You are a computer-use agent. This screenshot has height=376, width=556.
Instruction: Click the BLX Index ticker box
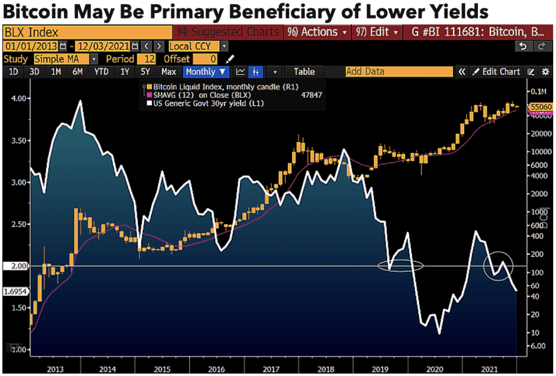87,33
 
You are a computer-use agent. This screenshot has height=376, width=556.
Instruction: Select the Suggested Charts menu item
228,32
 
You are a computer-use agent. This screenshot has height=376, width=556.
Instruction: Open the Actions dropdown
320,32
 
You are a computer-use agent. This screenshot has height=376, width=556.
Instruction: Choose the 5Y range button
145,72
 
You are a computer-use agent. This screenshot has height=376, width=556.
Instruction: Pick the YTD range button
101,72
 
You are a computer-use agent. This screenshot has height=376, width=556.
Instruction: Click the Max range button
168,72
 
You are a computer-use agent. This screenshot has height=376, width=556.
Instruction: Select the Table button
304,72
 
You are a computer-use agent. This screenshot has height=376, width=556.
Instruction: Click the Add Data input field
399,72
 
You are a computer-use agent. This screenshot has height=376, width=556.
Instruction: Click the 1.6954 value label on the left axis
13,291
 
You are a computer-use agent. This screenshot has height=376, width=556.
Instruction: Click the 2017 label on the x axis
270,369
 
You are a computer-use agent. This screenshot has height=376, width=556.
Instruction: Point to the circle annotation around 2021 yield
497,266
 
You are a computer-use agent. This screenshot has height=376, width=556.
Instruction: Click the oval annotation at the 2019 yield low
401,266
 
